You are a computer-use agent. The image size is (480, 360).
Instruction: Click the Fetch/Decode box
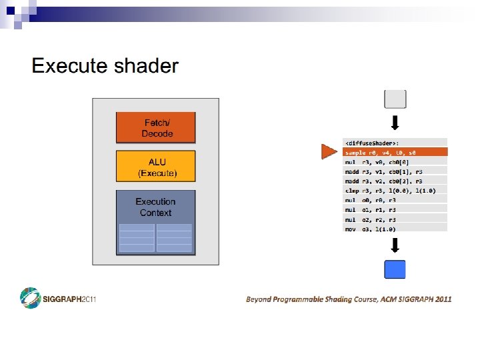156,128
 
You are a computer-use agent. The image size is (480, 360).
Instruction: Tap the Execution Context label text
155,207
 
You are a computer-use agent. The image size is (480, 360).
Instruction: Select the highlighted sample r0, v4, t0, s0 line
395,152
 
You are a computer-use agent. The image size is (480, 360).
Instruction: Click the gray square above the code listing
395,99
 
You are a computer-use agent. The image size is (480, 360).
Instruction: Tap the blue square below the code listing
395,269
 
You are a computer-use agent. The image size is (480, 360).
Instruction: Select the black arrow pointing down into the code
395,123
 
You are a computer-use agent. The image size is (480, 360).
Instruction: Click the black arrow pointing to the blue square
395,246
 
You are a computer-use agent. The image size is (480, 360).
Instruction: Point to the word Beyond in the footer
259,299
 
